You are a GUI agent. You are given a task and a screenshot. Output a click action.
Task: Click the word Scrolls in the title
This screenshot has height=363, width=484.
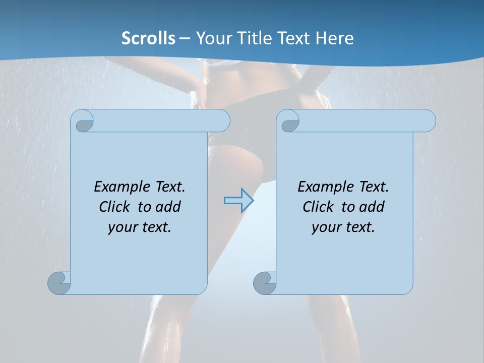pyautogui.click(x=148, y=38)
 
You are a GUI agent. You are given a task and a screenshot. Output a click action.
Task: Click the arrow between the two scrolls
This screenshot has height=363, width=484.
pyautogui.click(x=238, y=200)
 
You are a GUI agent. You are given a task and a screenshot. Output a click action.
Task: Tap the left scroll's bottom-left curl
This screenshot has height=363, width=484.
pyautogui.click(x=59, y=282)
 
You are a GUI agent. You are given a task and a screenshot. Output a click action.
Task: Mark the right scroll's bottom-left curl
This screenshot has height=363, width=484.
pyautogui.click(x=265, y=283)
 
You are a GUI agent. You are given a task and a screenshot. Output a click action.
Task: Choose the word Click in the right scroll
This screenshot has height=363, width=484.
pyautogui.click(x=319, y=207)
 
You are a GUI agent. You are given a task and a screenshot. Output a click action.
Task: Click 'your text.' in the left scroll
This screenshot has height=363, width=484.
pyautogui.click(x=140, y=227)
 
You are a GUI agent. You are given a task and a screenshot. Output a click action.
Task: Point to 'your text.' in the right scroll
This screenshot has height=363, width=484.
pyautogui.click(x=343, y=227)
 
